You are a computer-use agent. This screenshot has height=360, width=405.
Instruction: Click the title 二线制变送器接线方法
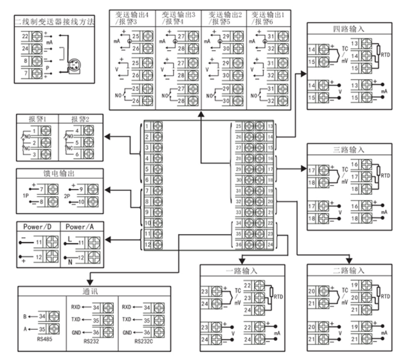[x=54, y=22]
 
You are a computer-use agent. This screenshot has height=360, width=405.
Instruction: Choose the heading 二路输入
[x=348, y=271]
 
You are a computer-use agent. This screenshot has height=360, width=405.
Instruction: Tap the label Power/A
[x=80, y=227]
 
